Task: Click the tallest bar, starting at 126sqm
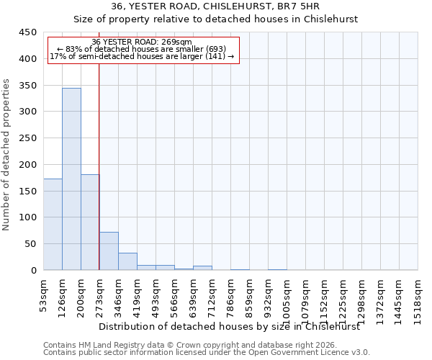tap(71, 179)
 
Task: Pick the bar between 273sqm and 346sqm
tap(109, 251)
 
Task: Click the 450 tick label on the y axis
tap(28, 32)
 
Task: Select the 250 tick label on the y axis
tap(28, 138)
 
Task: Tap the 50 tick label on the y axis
tap(31, 244)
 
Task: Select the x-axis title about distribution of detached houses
tap(228, 326)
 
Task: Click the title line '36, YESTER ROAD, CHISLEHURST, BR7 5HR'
tap(216, 6)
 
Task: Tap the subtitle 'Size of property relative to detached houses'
tap(216, 19)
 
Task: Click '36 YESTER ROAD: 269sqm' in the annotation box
tap(142, 42)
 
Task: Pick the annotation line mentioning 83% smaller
tap(142, 49)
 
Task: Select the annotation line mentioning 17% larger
tap(142, 56)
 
